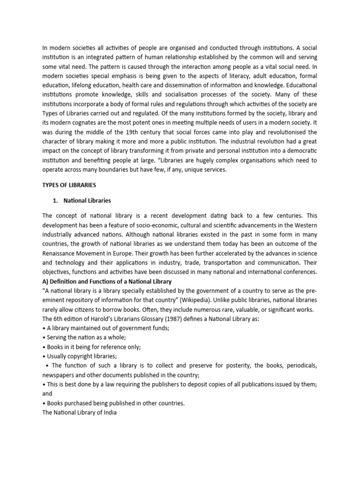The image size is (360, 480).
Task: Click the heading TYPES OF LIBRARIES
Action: (69, 185)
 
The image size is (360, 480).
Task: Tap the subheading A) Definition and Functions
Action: (107, 281)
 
